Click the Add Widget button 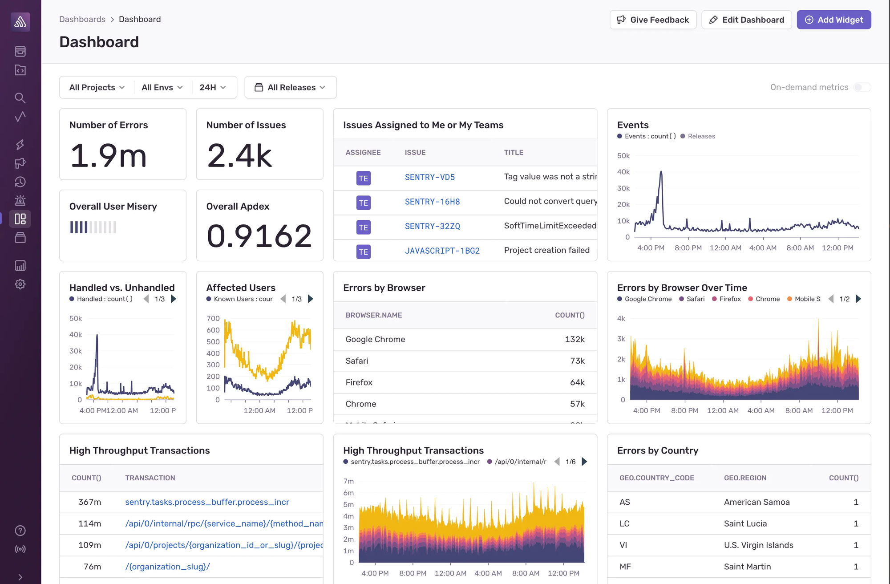pos(833,20)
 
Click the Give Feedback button pos(653,20)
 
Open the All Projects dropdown pos(97,87)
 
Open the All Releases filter pos(290,87)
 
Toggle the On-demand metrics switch pos(862,87)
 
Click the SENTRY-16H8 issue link pos(432,202)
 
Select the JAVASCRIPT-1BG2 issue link pos(442,251)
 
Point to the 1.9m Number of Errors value pos(108,156)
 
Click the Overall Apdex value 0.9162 pos(259,236)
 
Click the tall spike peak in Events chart pos(661,172)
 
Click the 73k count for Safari pos(577,361)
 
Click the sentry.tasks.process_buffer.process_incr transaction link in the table pos(207,502)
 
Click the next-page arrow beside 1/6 pos(585,462)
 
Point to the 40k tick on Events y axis pos(623,172)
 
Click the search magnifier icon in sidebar pos(20,98)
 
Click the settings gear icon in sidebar pos(20,284)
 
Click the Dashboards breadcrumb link pos(82,19)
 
